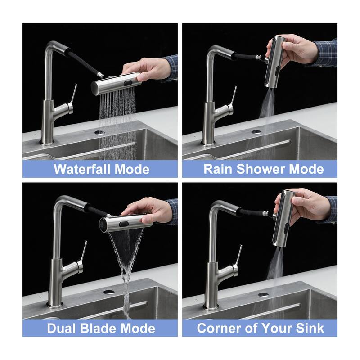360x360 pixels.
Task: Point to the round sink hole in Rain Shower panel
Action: pyautogui.click(x=256, y=132)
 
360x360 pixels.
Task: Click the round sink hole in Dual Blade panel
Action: pyautogui.click(x=109, y=292)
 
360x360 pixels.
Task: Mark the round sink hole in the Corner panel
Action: pyautogui.click(x=263, y=295)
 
